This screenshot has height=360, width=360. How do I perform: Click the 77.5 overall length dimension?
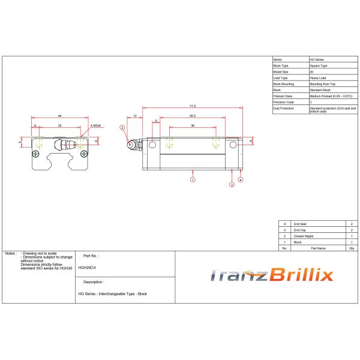click(191, 106)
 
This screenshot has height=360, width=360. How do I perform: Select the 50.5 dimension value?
click(192, 115)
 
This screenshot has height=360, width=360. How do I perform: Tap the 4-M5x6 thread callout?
click(95, 126)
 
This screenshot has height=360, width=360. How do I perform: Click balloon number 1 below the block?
click(192, 179)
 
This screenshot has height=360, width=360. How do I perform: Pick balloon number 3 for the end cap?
click(232, 185)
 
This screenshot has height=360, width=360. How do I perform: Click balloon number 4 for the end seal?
click(241, 179)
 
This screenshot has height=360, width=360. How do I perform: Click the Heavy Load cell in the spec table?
click(318, 77)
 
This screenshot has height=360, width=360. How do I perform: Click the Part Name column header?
click(317, 247)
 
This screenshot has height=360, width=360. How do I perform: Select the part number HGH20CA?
click(87, 267)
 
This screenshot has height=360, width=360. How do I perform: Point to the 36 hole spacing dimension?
click(192, 126)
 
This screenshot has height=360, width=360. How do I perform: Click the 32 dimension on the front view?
click(59, 126)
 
